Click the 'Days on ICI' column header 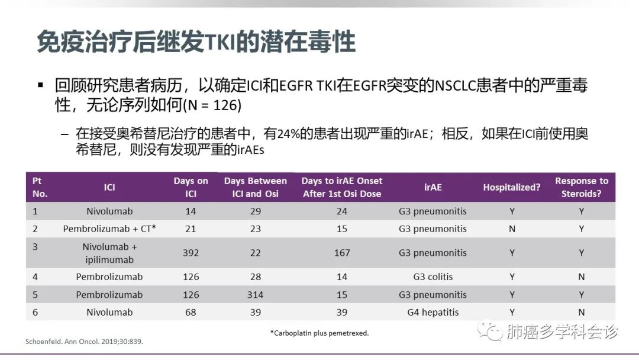[x=191, y=187]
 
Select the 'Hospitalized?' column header [x=512, y=187]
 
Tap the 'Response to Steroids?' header [x=582, y=187]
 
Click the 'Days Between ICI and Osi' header [x=256, y=187]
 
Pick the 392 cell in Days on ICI [x=191, y=253]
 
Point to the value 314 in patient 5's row [x=255, y=295]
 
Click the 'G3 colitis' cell [x=433, y=277]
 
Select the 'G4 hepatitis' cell [x=433, y=312]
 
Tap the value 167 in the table [x=342, y=253]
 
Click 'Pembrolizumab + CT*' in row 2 [x=109, y=229]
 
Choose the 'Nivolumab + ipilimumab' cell [x=109, y=253]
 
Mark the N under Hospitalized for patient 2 [x=512, y=229]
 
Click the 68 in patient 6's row [x=191, y=312]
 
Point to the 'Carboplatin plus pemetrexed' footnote [x=319, y=333]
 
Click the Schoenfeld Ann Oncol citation [x=85, y=342]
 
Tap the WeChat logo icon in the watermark [x=489, y=330]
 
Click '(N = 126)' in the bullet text [x=212, y=105]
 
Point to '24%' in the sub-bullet [x=288, y=134]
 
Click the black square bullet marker [x=40, y=85]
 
